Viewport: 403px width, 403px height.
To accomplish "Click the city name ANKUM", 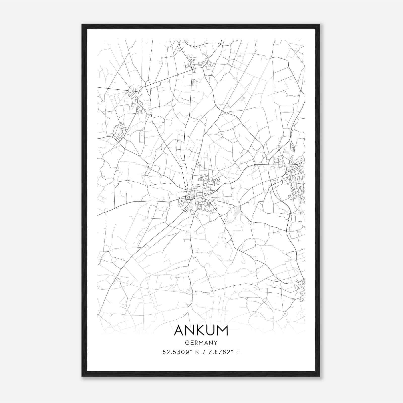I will click(201, 330).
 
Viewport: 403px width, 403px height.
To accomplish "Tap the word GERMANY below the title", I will click(201, 343).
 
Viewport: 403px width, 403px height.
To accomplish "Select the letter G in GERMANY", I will click(187, 343).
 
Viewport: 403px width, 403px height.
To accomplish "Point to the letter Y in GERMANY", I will click(216, 343).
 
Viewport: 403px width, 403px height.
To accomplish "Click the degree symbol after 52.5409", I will click(191, 350).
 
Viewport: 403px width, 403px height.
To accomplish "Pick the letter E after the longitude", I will click(238, 352).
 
